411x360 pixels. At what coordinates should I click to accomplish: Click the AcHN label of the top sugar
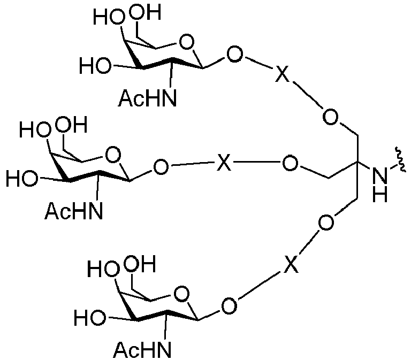tap(147, 98)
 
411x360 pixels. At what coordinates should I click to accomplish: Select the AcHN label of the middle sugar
tap(74, 211)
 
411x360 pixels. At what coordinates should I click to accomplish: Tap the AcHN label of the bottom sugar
tap(142, 349)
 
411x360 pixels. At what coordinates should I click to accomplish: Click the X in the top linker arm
tap(283, 74)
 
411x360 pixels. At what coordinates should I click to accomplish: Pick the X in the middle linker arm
tap(224, 163)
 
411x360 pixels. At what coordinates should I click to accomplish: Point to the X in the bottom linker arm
tap(291, 264)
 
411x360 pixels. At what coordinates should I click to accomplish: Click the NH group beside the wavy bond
tap(380, 185)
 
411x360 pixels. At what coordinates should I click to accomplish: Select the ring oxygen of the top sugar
tap(187, 42)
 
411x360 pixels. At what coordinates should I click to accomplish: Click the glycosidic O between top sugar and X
tap(235, 55)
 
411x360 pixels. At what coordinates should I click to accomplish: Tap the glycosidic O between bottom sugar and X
tap(230, 306)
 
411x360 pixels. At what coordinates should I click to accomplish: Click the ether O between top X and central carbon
tap(330, 117)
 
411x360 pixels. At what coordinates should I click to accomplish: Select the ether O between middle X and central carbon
tap(290, 163)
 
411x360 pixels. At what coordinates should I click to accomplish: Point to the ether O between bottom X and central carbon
tap(326, 223)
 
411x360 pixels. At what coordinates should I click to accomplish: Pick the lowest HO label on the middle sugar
tap(22, 179)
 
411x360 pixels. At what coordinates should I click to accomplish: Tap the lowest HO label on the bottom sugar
tap(90, 318)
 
